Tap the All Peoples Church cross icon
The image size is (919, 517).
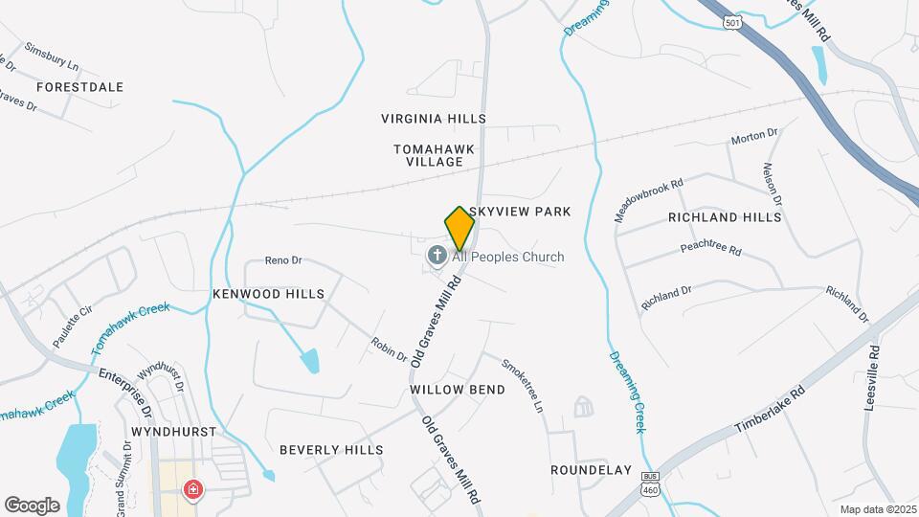click(x=437, y=256)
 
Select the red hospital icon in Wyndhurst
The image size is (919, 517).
click(x=193, y=490)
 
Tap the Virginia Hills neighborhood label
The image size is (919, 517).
click(x=434, y=119)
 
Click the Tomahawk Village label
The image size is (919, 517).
click(x=429, y=155)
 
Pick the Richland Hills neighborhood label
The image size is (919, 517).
click(x=725, y=217)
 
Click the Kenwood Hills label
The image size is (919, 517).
click(x=268, y=294)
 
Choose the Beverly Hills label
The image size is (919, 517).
click(x=331, y=449)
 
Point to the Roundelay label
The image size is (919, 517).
click(x=592, y=470)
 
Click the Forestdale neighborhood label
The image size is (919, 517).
click(x=80, y=87)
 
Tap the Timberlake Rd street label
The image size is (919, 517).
click(x=772, y=408)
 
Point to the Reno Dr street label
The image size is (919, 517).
click(x=283, y=260)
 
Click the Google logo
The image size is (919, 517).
click(x=32, y=505)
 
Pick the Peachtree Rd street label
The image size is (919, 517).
click(x=711, y=249)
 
